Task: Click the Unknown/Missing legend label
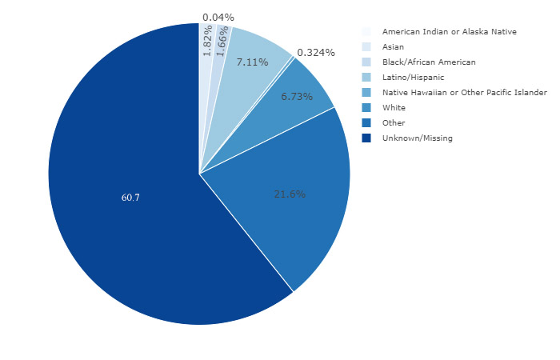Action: pyautogui.click(x=417, y=138)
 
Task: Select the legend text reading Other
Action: pyautogui.click(x=394, y=123)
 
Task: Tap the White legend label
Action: pyautogui.click(x=394, y=108)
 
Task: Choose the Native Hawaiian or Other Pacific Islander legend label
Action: pyautogui.click(x=464, y=93)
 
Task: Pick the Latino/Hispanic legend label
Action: pyautogui.click(x=413, y=78)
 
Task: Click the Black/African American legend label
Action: pyautogui.click(x=429, y=62)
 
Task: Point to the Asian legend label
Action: pyautogui.click(x=393, y=47)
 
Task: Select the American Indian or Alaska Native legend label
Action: pyautogui.click(x=449, y=31)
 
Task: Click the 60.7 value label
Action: pyautogui.click(x=130, y=197)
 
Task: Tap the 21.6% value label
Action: pyautogui.click(x=290, y=194)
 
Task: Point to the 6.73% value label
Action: pyautogui.click(x=297, y=96)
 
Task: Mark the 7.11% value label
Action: pyautogui.click(x=252, y=62)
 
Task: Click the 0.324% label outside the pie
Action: pyautogui.click(x=315, y=53)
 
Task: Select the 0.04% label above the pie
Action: pyautogui.click(x=218, y=17)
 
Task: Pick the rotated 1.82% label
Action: pyautogui.click(x=207, y=42)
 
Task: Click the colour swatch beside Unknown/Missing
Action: pyautogui.click(x=366, y=138)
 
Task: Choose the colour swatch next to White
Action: pyautogui.click(x=366, y=108)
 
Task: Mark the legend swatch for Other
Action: pyautogui.click(x=366, y=123)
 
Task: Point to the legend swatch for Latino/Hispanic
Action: pyautogui.click(x=366, y=78)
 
